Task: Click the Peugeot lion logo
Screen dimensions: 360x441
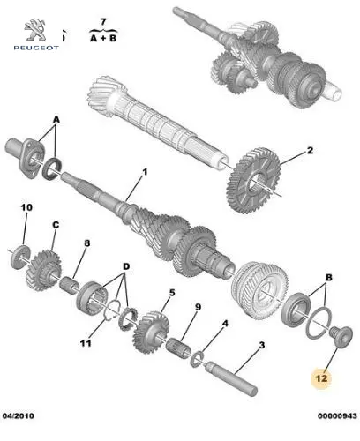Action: point(35,30)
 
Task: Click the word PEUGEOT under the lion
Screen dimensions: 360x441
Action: point(36,48)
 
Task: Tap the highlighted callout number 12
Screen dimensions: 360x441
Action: point(321,377)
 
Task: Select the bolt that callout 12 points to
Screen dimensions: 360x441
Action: point(341,337)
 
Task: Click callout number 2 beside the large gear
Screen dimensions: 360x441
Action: point(310,151)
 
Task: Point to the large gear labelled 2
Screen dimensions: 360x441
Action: point(253,181)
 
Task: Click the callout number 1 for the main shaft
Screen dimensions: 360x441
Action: point(145,172)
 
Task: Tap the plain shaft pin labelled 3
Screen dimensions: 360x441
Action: point(231,378)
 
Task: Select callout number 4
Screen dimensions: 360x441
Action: point(225,324)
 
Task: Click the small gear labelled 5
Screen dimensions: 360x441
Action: point(151,333)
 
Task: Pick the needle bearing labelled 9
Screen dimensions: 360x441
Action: point(178,348)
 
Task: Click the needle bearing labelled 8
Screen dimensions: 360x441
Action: point(70,284)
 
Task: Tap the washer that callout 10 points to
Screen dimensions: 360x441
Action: point(20,257)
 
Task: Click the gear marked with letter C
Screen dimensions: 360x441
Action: point(44,270)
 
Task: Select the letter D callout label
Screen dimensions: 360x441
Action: point(126,266)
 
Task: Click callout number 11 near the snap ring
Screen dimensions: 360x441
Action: point(86,343)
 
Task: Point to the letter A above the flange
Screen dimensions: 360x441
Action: point(56,120)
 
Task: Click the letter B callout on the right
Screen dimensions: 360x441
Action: point(329,277)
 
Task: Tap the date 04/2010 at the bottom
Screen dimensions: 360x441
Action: point(18,415)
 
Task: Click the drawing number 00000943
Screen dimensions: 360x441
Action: point(337,415)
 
